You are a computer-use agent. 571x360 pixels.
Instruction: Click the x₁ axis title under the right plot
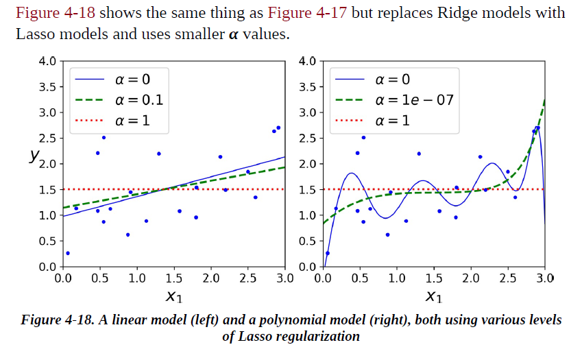pos(433,296)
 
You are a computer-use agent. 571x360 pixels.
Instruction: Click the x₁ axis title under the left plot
pos(173,296)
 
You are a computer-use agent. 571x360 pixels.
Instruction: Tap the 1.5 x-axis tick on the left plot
pos(173,278)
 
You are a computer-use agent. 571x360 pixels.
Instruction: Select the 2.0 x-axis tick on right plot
pos(470,278)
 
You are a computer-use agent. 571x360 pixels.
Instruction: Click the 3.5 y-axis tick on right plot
pos(307,87)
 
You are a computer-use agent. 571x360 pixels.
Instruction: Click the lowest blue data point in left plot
pos(67,253)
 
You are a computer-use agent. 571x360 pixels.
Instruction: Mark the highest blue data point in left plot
pos(278,128)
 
